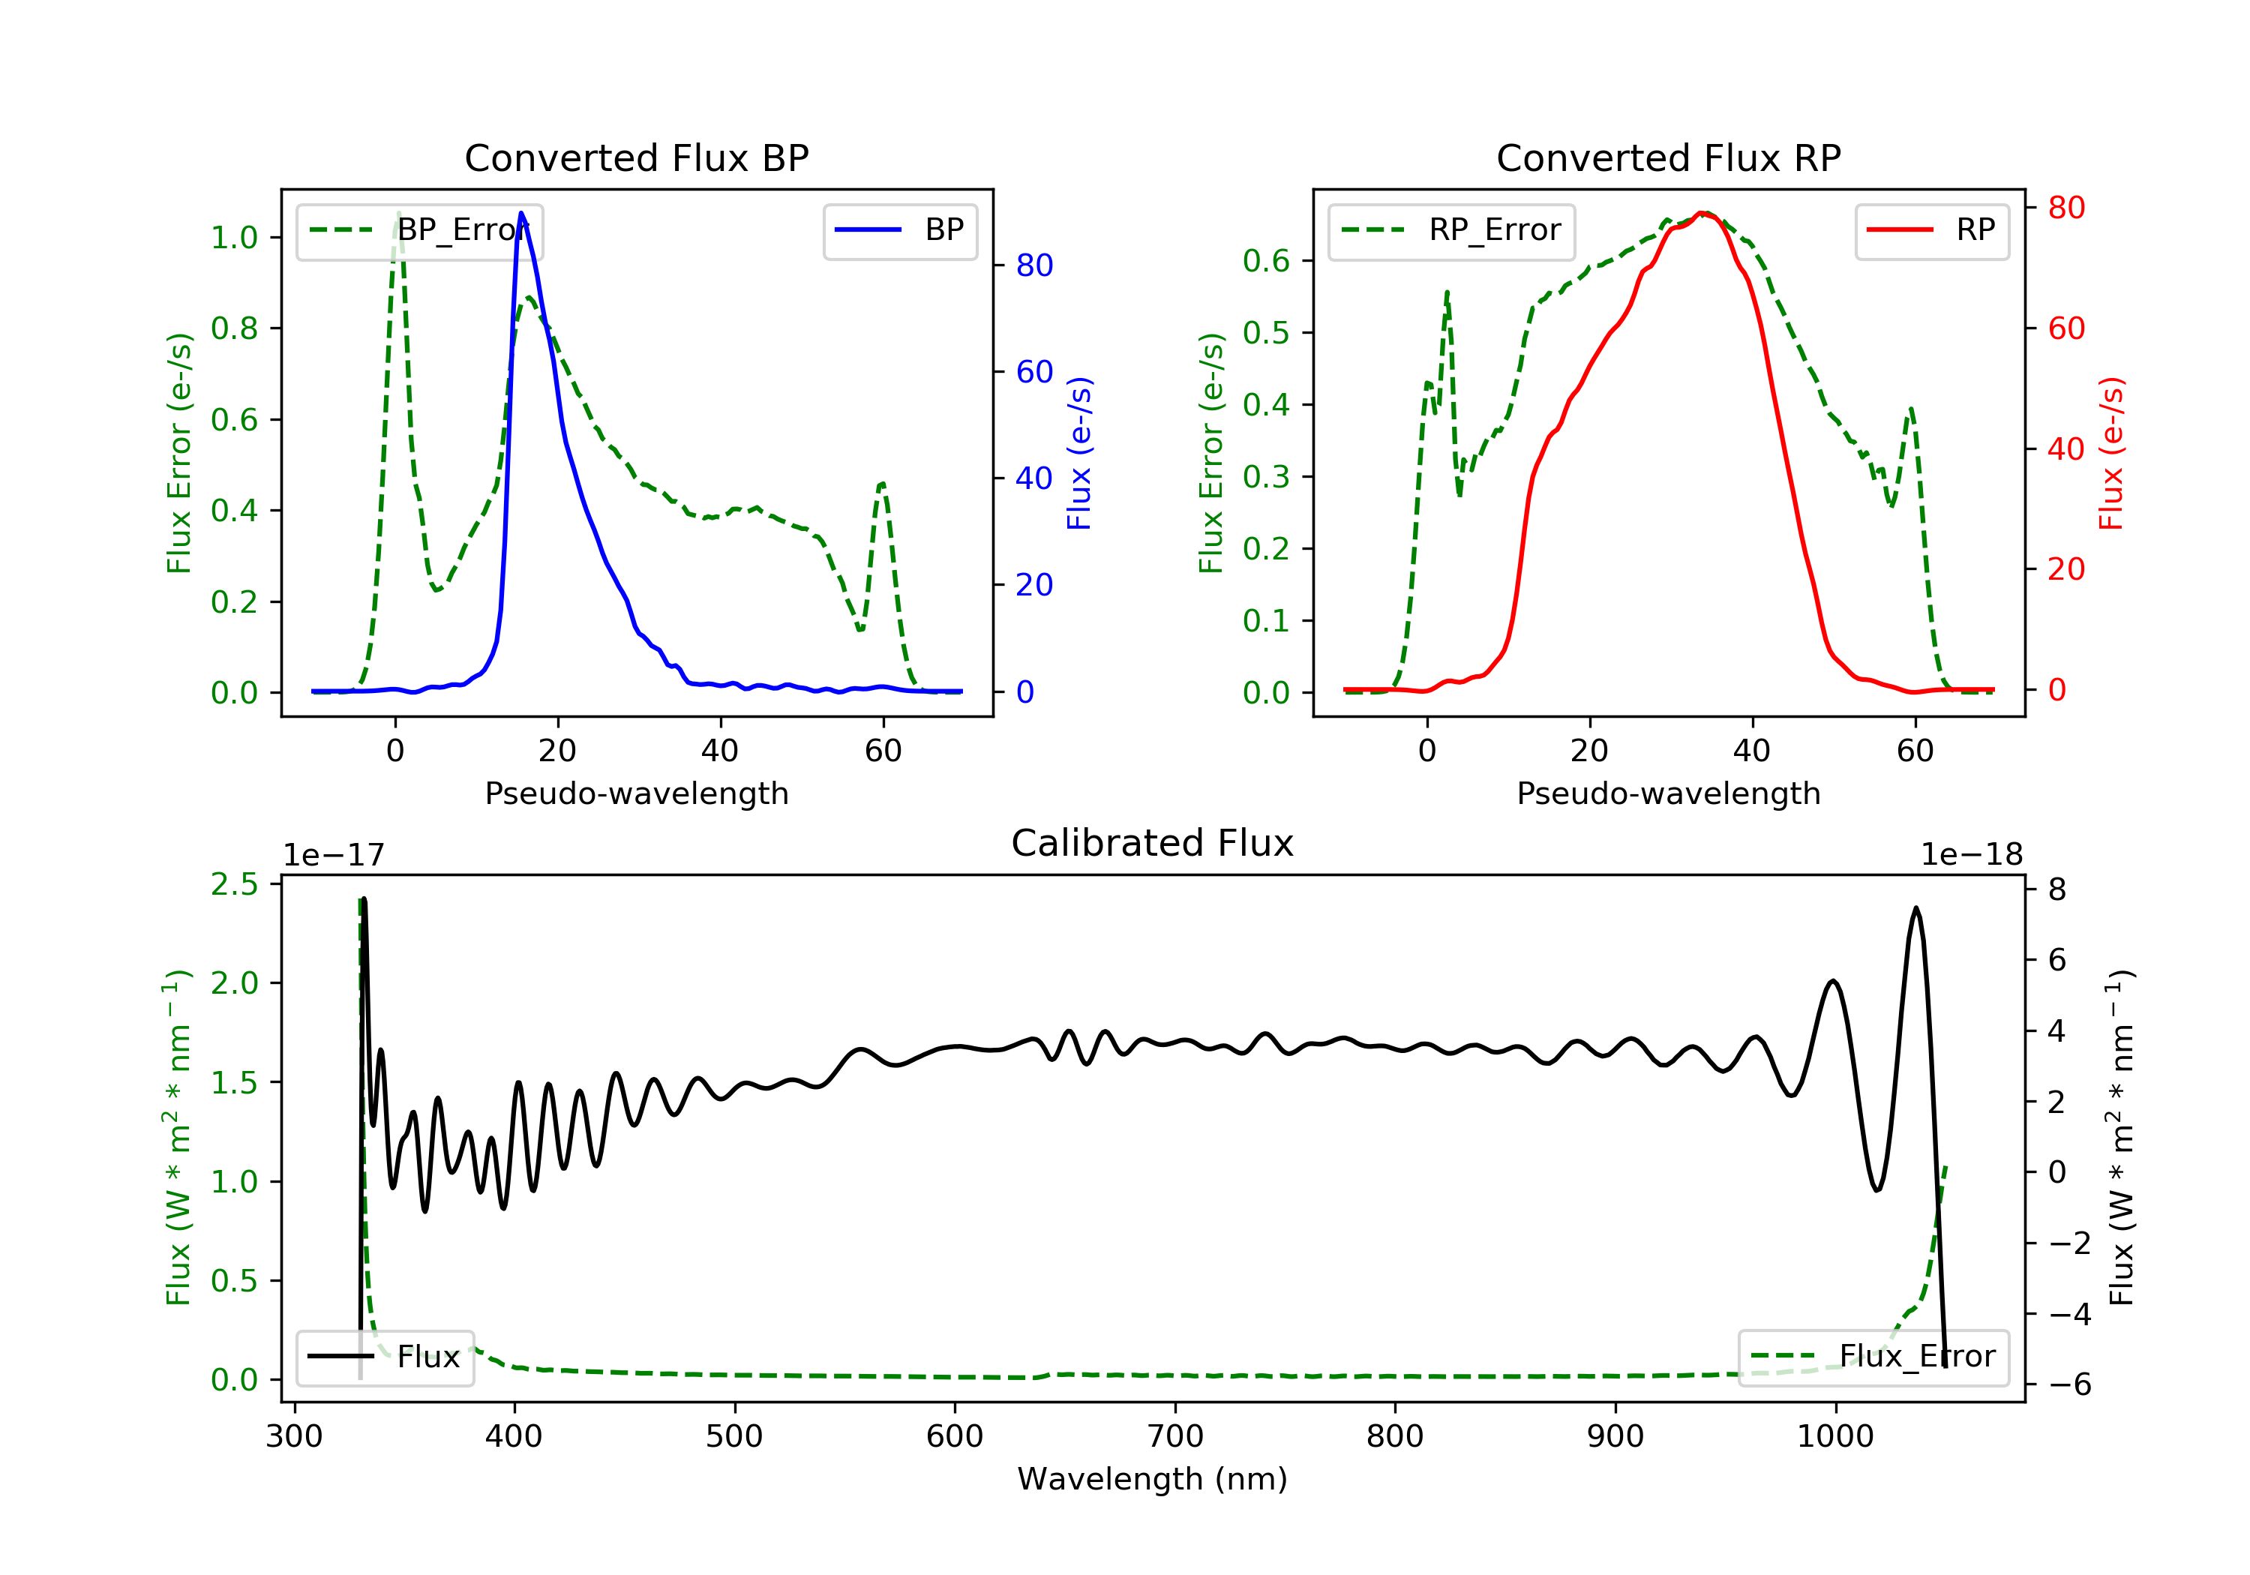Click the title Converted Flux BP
point(636,157)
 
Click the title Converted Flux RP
point(1668,157)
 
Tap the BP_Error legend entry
point(419,230)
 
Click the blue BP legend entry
point(899,230)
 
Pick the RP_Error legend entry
point(1451,230)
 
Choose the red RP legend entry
point(1931,230)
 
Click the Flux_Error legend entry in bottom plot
point(1873,1357)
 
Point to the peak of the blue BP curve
point(521,213)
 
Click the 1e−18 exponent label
point(1971,855)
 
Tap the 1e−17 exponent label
point(333,855)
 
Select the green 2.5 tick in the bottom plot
point(234,884)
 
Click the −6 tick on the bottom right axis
point(2068,1384)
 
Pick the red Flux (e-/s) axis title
point(2110,453)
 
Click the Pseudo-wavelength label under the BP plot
point(636,793)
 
